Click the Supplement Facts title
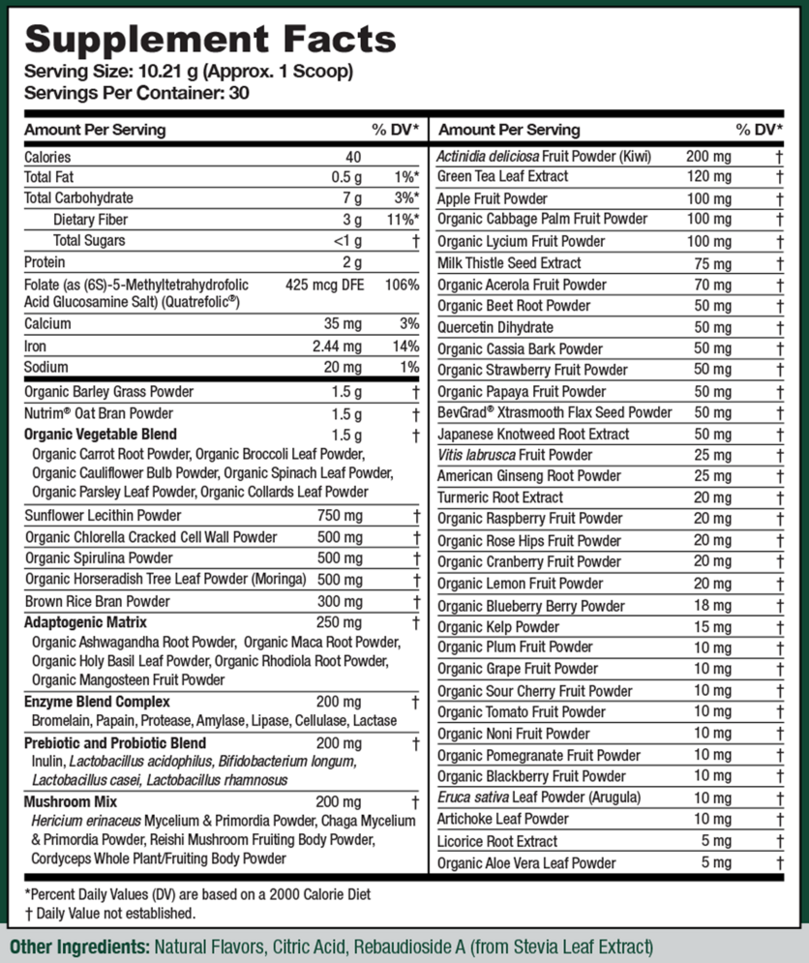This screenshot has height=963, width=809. tap(210, 39)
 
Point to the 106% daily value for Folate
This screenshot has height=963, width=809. tap(403, 285)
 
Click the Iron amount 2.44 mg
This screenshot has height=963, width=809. tap(339, 346)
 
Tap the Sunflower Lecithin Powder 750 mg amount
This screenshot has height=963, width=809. tap(340, 516)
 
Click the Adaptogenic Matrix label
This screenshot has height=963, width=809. tap(85, 622)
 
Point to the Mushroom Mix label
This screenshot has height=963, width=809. tap(70, 801)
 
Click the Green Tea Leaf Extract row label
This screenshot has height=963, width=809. tap(503, 177)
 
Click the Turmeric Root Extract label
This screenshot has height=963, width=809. tap(500, 497)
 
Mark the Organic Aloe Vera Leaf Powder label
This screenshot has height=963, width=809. tap(526, 863)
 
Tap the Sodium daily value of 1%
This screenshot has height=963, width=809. tap(409, 368)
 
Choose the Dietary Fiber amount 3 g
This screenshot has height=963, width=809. tap(353, 220)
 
